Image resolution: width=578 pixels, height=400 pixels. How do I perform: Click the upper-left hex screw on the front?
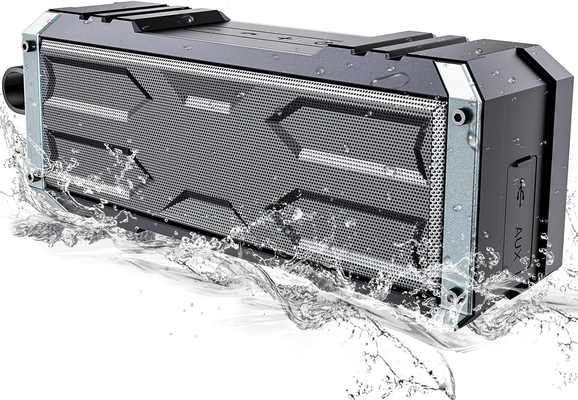[x=25, y=46]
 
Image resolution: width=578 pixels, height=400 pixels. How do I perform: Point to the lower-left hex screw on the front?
[x=31, y=177]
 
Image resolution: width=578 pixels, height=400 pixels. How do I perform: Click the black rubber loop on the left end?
[x=12, y=82]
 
